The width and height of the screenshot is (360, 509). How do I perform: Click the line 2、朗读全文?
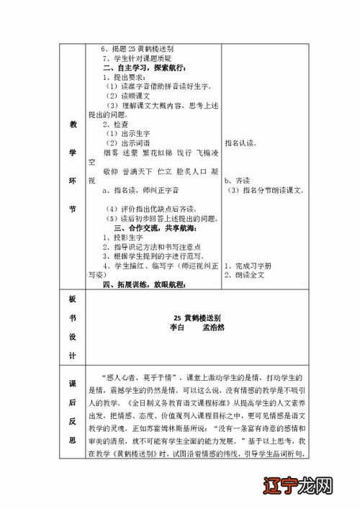246,276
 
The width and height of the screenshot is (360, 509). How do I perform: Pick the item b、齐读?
237,181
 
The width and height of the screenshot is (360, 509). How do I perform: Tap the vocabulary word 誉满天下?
138,171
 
